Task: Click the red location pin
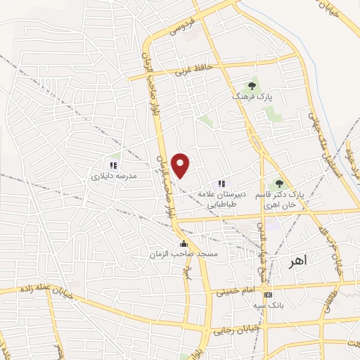point(181,165)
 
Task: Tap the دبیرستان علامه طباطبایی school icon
point(224,184)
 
